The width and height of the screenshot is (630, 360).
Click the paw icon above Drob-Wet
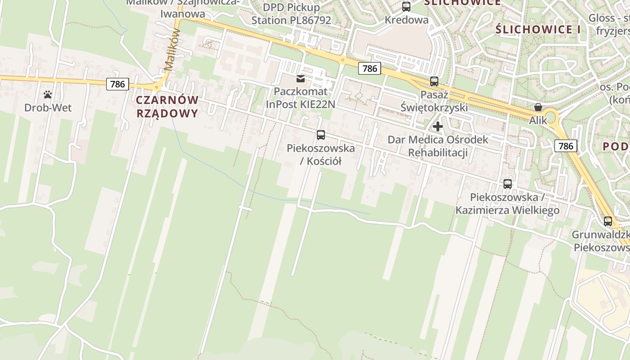48,94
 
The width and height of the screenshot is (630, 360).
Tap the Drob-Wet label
48,108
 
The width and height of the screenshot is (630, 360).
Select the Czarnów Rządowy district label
167,107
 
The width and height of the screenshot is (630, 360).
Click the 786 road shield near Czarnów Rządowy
118,84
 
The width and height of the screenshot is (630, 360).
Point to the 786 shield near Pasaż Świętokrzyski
369,68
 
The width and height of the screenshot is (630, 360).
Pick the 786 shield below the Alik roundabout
565,146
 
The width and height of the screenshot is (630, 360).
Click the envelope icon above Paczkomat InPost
301,79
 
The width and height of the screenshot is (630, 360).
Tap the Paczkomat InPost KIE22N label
301,98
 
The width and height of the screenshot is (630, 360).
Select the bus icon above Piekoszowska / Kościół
321,135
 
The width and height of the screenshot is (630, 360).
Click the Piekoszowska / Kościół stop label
320,154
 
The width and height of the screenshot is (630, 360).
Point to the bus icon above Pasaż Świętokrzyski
434,81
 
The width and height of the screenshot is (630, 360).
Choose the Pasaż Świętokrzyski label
434,101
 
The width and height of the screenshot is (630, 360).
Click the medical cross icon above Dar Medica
438,126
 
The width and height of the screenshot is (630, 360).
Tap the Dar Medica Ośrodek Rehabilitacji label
438,146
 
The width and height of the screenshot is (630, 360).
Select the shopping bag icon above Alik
538,107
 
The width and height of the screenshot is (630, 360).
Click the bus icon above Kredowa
406,7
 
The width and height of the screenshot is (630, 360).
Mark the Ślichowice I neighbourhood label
538,30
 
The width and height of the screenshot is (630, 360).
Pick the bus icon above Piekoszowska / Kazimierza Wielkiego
508,184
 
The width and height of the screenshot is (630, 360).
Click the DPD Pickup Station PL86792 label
291,14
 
